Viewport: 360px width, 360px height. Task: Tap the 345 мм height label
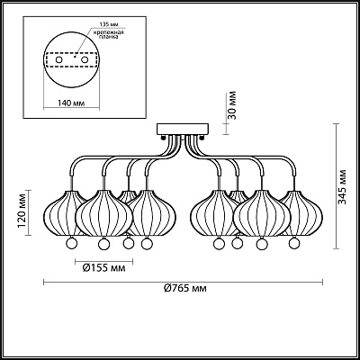tap(343, 190)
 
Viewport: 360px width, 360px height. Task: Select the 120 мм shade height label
tap(22, 211)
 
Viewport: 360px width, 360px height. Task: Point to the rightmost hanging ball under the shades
tap(295, 244)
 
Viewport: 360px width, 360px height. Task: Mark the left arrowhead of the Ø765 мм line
tap(46, 279)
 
